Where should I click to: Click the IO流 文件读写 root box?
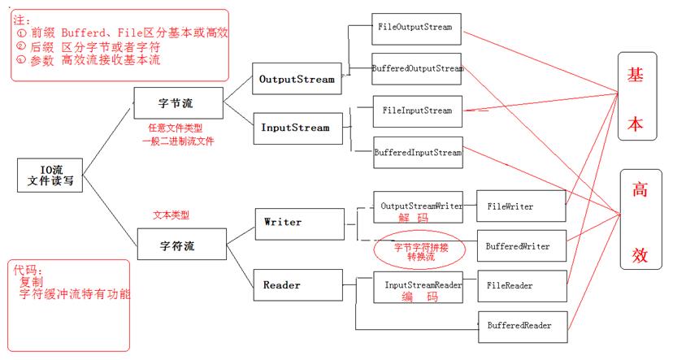pyautogui.click(x=51, y=176)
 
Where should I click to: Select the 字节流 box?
pyautogui.click(x=178, y=104)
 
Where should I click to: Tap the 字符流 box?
pyautogui.click(x=176, y=245)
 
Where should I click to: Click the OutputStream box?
pyautogui.click(x=293, y=80)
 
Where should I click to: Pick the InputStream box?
pyautogui.click(x=295, y=128)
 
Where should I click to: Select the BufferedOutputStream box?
pyautogui.click(x=418, y=69)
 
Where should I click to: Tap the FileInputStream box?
pyautogui.click(x=417, y=111)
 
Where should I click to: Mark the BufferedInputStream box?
pyautogui.click(x=418, y=152)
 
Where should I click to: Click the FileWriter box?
pyautogui.click(x=520, y=206)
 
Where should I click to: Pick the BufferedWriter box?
pyautogui.click(x=520, y=245)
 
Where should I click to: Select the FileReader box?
pyautogui.click(x=520, y=287)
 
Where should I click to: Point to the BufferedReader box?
pyautogui.click(x=520, y=326)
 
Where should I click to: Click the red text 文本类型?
pyautogui.click(x=171, y=216)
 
